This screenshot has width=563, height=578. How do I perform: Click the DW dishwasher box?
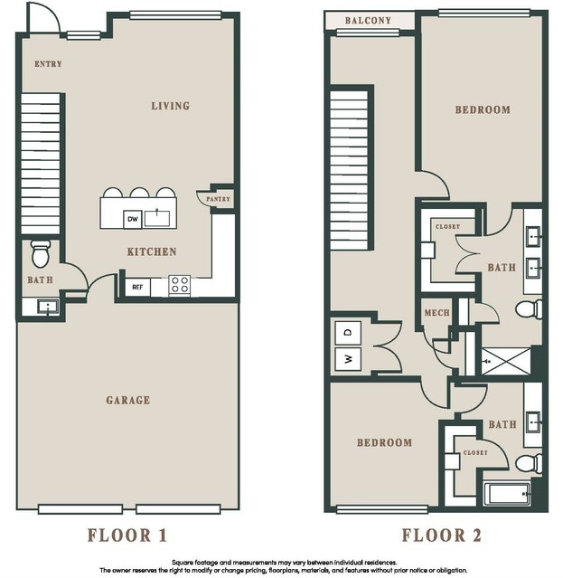tap(133, 219)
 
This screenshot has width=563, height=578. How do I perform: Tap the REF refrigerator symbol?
tap(137, 287)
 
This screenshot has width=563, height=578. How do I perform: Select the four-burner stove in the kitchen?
tap(180, 285)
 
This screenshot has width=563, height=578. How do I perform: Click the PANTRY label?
tap(218, 199)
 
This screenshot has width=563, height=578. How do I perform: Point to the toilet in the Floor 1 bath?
tap(41, 253)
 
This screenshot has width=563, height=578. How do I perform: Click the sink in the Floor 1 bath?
tap(48, 307)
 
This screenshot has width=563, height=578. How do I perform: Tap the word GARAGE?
tap(128, 400)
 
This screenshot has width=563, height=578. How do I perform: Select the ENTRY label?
tap(48, 64)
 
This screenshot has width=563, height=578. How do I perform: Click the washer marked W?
tap(348, 359)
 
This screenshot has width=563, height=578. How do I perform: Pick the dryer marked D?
tap(348, 333)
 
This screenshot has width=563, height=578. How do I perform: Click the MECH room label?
tap(437, 313)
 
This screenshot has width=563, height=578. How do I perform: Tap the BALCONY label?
tap(368, 21)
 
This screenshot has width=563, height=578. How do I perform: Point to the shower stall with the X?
tap(506, 361)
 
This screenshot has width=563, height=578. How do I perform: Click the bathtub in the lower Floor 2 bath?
tap(508, 494)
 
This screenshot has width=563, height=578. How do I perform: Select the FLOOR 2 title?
tap(442, 535)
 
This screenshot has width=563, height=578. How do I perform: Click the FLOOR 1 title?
tap(127, 535)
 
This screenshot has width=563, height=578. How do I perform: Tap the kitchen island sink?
tap(157, 218)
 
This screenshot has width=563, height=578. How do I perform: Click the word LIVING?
tap(171, 106)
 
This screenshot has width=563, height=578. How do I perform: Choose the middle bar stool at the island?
tap(139, 193)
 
